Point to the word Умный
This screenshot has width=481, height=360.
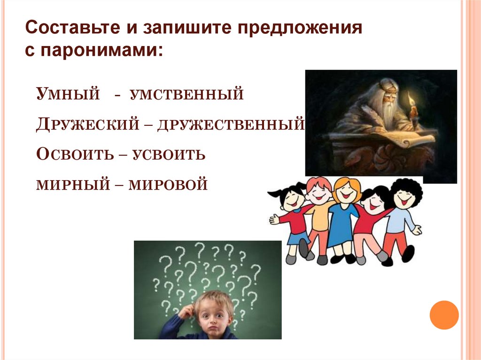68,94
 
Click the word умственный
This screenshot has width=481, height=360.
187,94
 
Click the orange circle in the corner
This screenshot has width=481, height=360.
444,315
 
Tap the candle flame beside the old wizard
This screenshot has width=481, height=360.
411,100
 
